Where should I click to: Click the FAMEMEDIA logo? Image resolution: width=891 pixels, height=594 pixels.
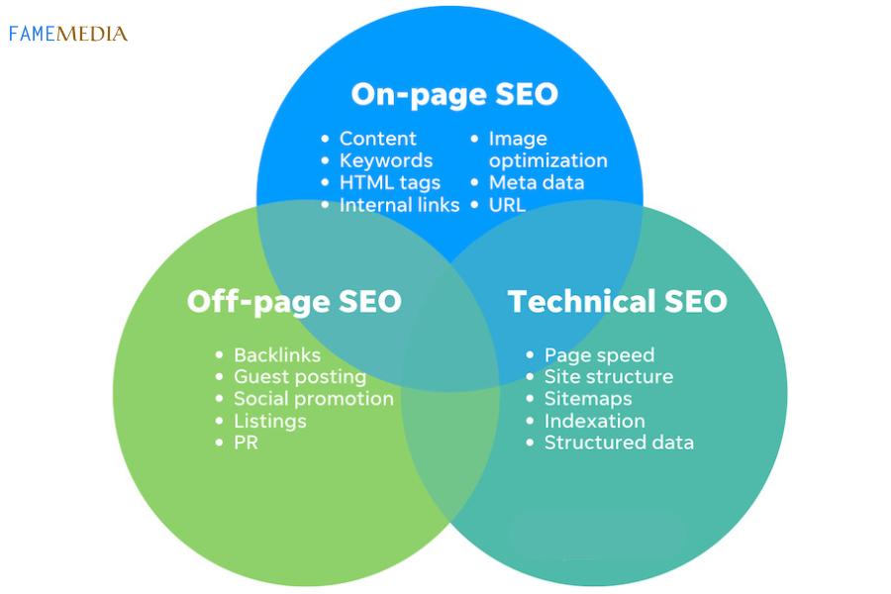point(68,34)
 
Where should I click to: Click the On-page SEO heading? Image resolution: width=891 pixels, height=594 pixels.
point(454,95)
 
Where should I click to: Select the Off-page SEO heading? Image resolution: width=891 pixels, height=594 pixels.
point(294,301)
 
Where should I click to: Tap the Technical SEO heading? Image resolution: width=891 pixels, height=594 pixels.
point(617,301)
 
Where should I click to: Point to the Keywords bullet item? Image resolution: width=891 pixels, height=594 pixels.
point(385,160)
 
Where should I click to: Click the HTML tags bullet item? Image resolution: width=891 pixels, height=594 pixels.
point(389,183)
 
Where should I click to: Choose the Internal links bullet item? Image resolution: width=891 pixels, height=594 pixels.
point(399,205)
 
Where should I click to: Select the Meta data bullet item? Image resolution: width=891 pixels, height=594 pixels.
point(536,183)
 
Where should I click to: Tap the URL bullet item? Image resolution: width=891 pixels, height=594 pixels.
point(507,205)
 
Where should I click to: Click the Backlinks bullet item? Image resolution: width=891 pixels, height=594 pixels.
point(276,355)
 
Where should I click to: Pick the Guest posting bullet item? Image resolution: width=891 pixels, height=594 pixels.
point(299,377)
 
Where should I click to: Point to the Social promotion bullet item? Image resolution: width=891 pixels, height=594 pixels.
point(313,399)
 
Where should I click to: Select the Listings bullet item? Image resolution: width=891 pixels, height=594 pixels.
point(269,421)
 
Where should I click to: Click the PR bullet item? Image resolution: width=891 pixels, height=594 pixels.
point(246,443)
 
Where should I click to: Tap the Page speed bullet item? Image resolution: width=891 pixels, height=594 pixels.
point(599,355)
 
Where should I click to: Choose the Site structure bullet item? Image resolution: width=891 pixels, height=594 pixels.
point(608,377)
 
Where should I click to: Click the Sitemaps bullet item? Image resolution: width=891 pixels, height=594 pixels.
point(587,399)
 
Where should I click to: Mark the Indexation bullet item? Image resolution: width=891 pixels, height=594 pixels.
point(594,421)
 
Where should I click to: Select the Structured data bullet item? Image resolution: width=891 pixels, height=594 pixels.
point(619,443)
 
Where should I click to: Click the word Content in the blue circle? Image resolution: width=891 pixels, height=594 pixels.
point(377,139)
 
